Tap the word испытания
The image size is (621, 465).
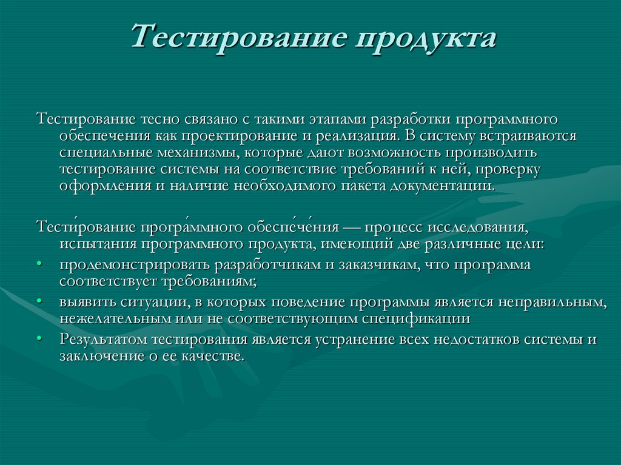[98, 244]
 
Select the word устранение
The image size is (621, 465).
[352, 339]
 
